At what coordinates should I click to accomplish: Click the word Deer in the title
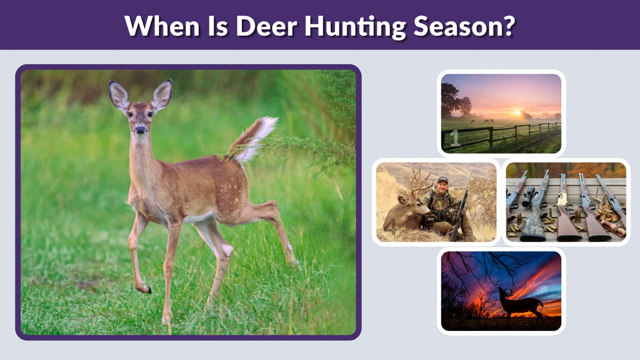266,27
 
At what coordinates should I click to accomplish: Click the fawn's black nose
140,130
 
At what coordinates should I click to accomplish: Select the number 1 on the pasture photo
454,139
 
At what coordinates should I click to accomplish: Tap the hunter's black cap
442,180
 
